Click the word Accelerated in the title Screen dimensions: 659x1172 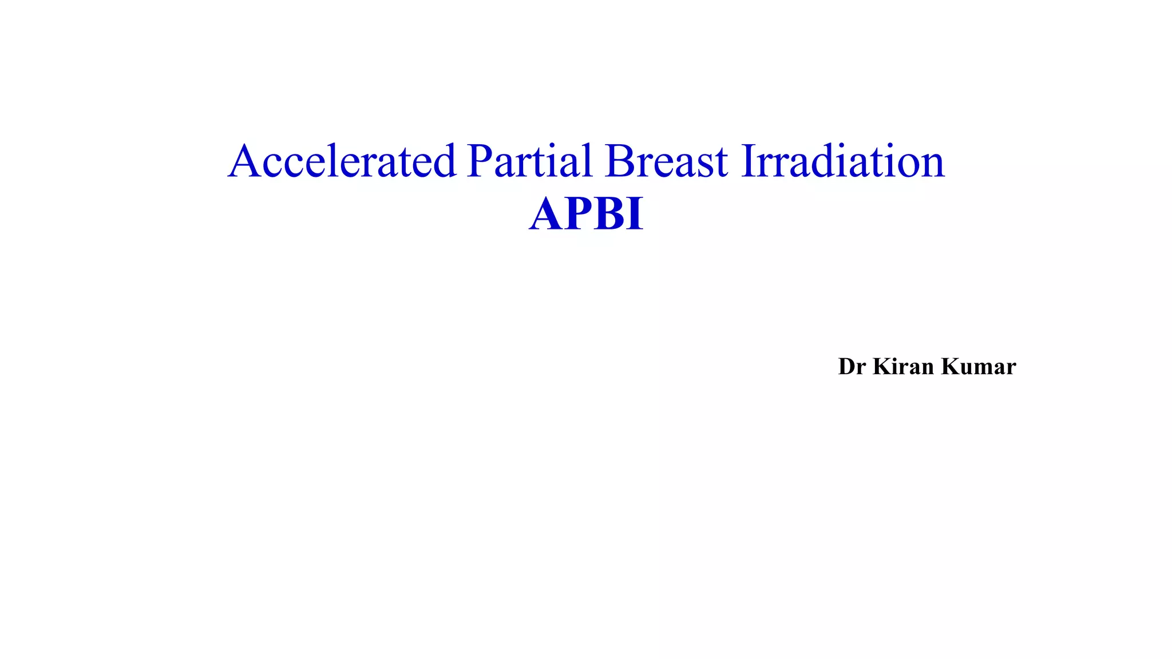[x=342, y=161]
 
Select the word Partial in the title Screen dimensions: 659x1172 [x=529, y=161]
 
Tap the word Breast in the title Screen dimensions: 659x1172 [x=667, y=161]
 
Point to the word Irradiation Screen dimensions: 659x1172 [x=843, y=161]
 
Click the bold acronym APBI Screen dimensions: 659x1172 [x=586, y=215]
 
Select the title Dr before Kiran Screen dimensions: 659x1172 [x=852, y=367]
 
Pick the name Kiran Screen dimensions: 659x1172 [x=904, y=367]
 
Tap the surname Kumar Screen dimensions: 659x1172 [x=979, y=367]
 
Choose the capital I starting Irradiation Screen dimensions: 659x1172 [x=749, y=161]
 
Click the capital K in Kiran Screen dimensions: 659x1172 [x=882, y=367]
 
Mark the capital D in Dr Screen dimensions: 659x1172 [x=846, y=367]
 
